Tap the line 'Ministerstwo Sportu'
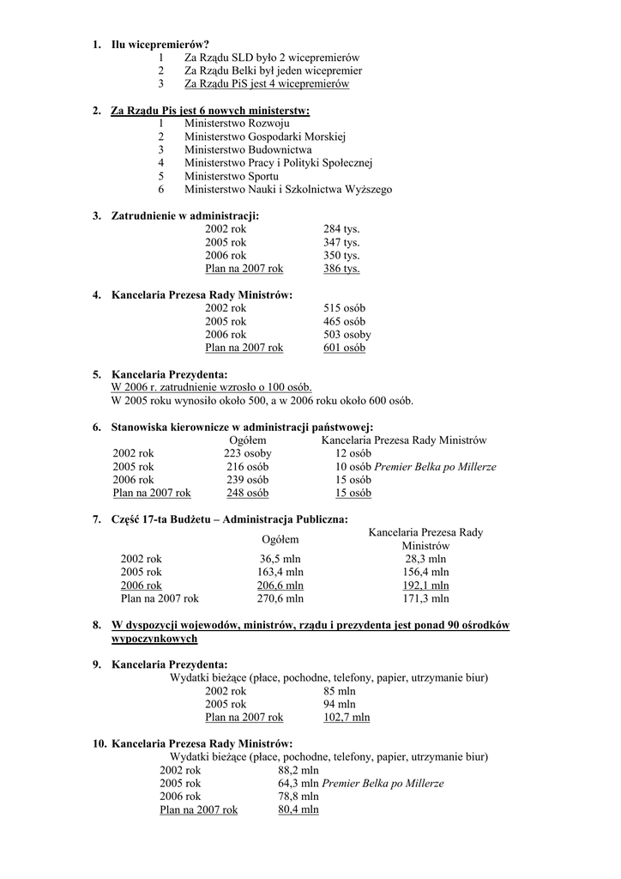(231, 176)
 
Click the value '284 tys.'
(341, 229)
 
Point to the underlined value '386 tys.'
(341, 269)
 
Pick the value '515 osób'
(344, 308)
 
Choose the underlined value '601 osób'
(344, 348)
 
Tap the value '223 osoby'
(247, 453)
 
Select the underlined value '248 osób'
(247, 493)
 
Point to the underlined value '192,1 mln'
(425, 585)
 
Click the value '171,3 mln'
(425, 598)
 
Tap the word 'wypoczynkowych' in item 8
(154, 639)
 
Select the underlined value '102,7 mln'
(347, 717)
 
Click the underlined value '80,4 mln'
(298, 809)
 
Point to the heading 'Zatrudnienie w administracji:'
(185, 215)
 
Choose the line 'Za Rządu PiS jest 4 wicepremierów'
(267, 83)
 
